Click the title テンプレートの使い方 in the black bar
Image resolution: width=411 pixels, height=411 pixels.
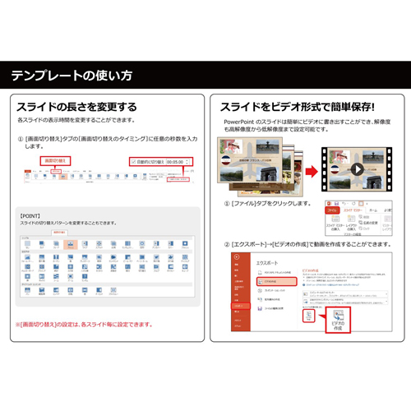coord(72,76)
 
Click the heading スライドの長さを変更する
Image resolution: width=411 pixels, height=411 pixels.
coord(76,107)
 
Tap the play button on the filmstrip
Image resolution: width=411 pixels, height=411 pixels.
coord(356,170)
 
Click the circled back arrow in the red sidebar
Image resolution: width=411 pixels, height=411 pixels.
coord(236,257)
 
